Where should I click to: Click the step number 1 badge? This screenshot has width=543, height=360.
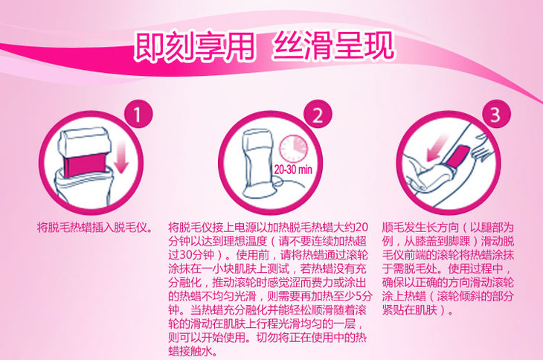click(138, 114)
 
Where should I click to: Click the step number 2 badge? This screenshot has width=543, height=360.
click(318, 114)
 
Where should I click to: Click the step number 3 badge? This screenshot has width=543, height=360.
click(497, 114)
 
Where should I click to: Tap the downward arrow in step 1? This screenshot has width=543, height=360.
click(121, 158)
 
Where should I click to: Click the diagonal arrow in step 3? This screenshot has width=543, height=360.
click(437, 148)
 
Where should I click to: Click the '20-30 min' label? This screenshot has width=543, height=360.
click(293, 170)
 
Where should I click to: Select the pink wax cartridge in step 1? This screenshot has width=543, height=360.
click(85, 165)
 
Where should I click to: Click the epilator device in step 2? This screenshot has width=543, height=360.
click(259, 164)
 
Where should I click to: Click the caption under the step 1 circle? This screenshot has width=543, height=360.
click(95, 228)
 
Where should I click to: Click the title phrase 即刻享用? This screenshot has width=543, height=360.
click(194, 46)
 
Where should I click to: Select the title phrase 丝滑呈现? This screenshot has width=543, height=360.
click(333, 45)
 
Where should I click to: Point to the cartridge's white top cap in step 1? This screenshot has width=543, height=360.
click(85, 142)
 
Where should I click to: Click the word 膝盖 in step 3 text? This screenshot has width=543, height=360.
click(426, 241)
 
